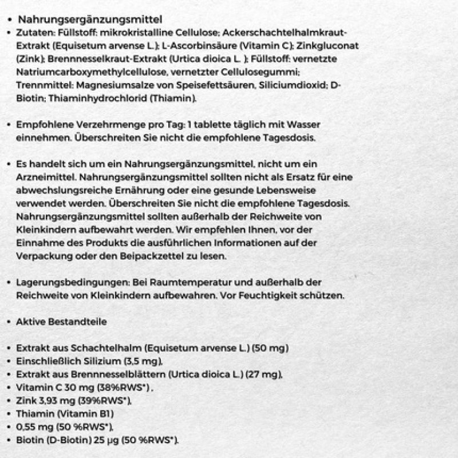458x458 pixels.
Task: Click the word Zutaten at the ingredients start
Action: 34,33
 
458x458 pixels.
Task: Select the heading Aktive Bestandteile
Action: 62,322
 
